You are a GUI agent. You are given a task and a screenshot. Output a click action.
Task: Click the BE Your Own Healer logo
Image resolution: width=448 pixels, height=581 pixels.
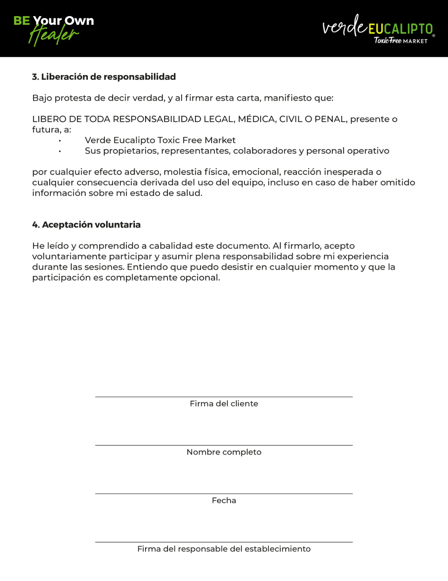click(54, 29)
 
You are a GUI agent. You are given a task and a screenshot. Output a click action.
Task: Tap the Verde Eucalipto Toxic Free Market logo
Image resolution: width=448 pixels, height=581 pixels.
click(378, 29)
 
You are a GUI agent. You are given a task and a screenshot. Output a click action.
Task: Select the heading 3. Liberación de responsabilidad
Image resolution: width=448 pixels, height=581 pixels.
click(104, 77)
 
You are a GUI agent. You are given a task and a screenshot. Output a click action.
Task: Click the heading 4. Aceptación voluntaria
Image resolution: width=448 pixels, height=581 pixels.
click(86, 225)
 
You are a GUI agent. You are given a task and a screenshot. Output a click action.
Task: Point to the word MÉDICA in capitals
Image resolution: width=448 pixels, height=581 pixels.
click(257, 119)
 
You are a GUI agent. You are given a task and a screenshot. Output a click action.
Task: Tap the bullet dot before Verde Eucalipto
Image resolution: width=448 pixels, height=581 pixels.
click(60, 141)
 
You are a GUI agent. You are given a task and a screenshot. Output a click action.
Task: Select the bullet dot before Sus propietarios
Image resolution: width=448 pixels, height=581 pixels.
click(60, 151)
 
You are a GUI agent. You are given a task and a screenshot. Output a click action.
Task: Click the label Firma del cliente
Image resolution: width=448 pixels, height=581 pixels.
click(224, 403)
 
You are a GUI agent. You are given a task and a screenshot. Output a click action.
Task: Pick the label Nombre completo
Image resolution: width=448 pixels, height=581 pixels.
click(224, 452)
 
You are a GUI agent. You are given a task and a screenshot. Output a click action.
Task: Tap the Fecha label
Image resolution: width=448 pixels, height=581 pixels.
click(224, 500)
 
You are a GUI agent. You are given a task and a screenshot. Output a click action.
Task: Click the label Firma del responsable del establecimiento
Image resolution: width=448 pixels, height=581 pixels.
click(224, 549)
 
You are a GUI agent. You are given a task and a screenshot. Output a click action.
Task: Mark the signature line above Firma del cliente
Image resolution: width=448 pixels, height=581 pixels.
click(224, 397)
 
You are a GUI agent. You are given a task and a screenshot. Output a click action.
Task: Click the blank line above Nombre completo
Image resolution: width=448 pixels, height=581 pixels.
click(224, 445)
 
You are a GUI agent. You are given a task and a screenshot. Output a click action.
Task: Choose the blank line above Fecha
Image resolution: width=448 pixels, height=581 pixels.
click(224, 493)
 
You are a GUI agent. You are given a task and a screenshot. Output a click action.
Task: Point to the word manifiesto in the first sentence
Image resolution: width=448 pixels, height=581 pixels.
click(286, 98)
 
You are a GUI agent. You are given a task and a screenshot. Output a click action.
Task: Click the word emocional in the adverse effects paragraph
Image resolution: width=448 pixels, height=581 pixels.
click(255, 172)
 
